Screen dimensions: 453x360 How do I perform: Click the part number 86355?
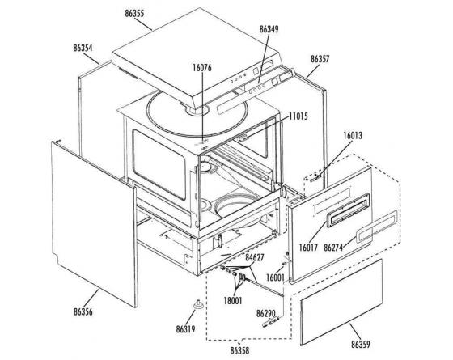[x=134, y=14]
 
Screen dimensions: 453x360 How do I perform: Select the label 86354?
[x=83, y=48]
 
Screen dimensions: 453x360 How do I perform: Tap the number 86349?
[x=269, y=29]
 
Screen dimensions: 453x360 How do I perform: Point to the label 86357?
[x=320, y=59]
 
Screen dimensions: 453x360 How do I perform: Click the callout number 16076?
[x=202, y=68]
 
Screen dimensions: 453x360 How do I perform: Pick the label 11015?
[x=298, y=116]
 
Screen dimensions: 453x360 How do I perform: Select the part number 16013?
[x=353, y=136]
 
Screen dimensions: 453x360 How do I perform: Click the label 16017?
[x=308, y=248]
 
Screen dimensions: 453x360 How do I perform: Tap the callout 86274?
[x=333, y=248]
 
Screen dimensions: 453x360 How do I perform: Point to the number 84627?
[x=255, y=257]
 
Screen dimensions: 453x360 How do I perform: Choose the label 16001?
[x=275, y=277]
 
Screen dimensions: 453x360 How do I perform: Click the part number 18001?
[x=233, y=301]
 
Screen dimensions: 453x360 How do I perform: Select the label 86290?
[x=266, y=314]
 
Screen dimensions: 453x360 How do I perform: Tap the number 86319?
[x=185, y=329]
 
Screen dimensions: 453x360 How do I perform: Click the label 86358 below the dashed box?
[x=239, y=351]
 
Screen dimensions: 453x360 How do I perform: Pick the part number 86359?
[x=361, y=345]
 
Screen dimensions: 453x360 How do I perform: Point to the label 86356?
[x=83, y=312]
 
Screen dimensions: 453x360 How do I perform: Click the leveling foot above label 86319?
[x=198, y=304]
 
